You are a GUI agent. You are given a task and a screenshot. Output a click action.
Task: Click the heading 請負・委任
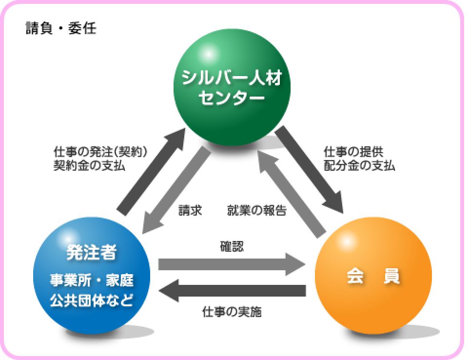(61, 28)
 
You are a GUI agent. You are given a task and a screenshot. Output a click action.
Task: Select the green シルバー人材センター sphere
(232, 87)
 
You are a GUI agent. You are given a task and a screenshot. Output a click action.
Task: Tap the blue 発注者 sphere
(92, 276)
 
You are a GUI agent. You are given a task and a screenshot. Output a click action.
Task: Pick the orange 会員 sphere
(373, 276)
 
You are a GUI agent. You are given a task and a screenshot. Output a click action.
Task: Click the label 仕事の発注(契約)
(100, 152)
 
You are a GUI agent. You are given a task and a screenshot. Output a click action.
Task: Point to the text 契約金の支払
(89, 165)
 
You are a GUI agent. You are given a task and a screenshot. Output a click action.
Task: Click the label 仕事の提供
(353, 152)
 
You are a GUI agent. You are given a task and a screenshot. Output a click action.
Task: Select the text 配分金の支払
(359, 165)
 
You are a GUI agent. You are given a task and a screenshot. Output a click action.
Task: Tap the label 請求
(190, 210)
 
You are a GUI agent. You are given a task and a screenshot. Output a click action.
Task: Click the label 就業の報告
(257, 210)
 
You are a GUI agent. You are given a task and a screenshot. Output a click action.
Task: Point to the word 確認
(232, 247)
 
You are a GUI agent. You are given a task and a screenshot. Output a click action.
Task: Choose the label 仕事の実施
(232, 312)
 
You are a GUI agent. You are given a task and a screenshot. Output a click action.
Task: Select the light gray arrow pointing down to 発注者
(176, 190)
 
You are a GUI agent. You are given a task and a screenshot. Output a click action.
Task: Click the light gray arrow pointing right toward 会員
(232, 264)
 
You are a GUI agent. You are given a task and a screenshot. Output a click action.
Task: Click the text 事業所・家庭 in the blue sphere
(92, 280)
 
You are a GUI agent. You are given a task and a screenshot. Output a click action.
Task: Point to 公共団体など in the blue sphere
(92, 300)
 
